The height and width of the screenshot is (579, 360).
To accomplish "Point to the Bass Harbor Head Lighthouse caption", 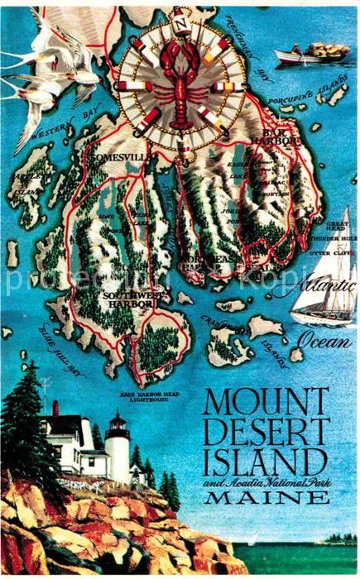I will click(148, 399).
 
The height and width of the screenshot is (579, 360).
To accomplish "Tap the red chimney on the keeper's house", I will click(55, 408).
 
